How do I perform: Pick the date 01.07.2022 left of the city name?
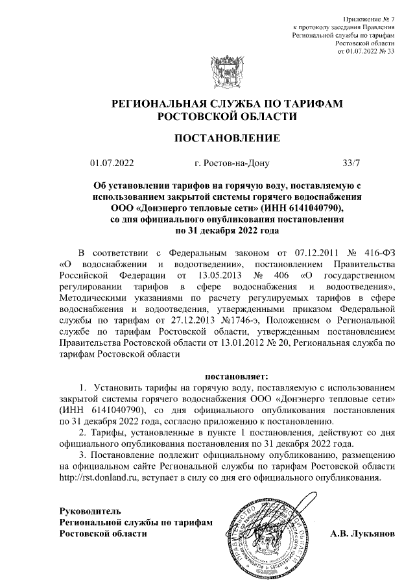pos(112,163)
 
